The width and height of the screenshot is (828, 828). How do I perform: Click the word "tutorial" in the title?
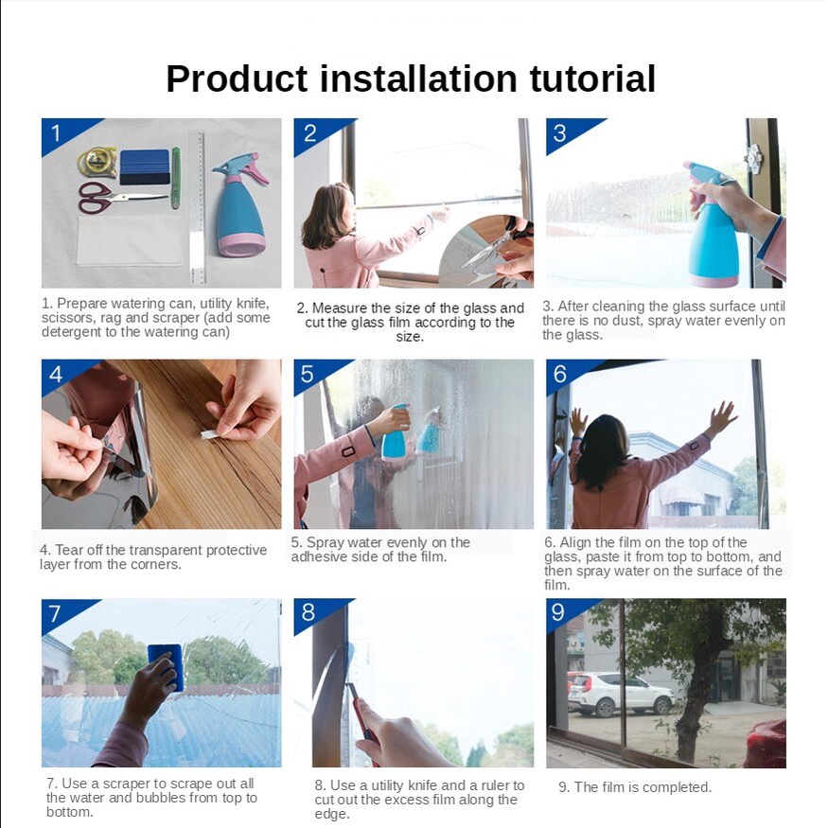[x=592, y=79]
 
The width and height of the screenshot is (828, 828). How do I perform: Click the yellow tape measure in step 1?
[x=97, y=162]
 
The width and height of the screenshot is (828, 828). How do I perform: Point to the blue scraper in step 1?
[x=145, y=167]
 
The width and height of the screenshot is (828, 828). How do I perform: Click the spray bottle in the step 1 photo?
[x=240, y=205]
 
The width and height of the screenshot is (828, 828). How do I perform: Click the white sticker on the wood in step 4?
[x=210, y=433]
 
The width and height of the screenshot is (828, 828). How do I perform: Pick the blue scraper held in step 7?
[x=166, y=666]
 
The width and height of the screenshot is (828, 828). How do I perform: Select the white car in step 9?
[x=620, y=694]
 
